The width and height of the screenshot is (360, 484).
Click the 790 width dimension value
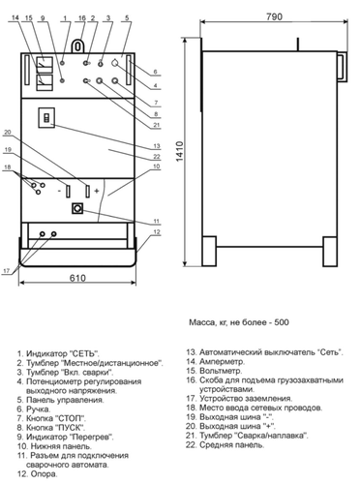[x=274, y=16]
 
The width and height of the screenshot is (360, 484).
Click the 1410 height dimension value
[x=180, y=151]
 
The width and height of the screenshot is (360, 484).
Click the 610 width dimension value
[x=77, y=278]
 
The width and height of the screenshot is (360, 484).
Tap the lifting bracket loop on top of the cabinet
[x=77, y=45]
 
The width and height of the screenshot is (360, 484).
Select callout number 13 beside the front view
[x=157, y=146]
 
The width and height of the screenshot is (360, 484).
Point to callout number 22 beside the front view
[x=157, y=157]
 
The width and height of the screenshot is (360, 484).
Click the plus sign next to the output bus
[x=97, y=191]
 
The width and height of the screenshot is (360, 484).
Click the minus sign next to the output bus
[x=59, y=191]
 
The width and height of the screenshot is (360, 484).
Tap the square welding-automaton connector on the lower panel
[x=77, y=208]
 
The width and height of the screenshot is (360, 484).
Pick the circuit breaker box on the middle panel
[x=46, y=118]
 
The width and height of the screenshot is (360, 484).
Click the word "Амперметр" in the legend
[x=222, y=361]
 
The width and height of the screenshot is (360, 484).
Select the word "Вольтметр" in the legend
[x=221, y=371]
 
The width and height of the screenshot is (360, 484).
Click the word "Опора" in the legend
[x=44, y=474]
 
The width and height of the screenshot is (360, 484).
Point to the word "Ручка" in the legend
[x=39, y=409]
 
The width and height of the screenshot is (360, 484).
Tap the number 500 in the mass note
[x=282, y=322]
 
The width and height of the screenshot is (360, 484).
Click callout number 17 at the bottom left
[x=6, y=271]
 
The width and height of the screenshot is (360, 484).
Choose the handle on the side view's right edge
[x=343, y=68]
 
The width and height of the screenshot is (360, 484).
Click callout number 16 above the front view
[x=82, y=18]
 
